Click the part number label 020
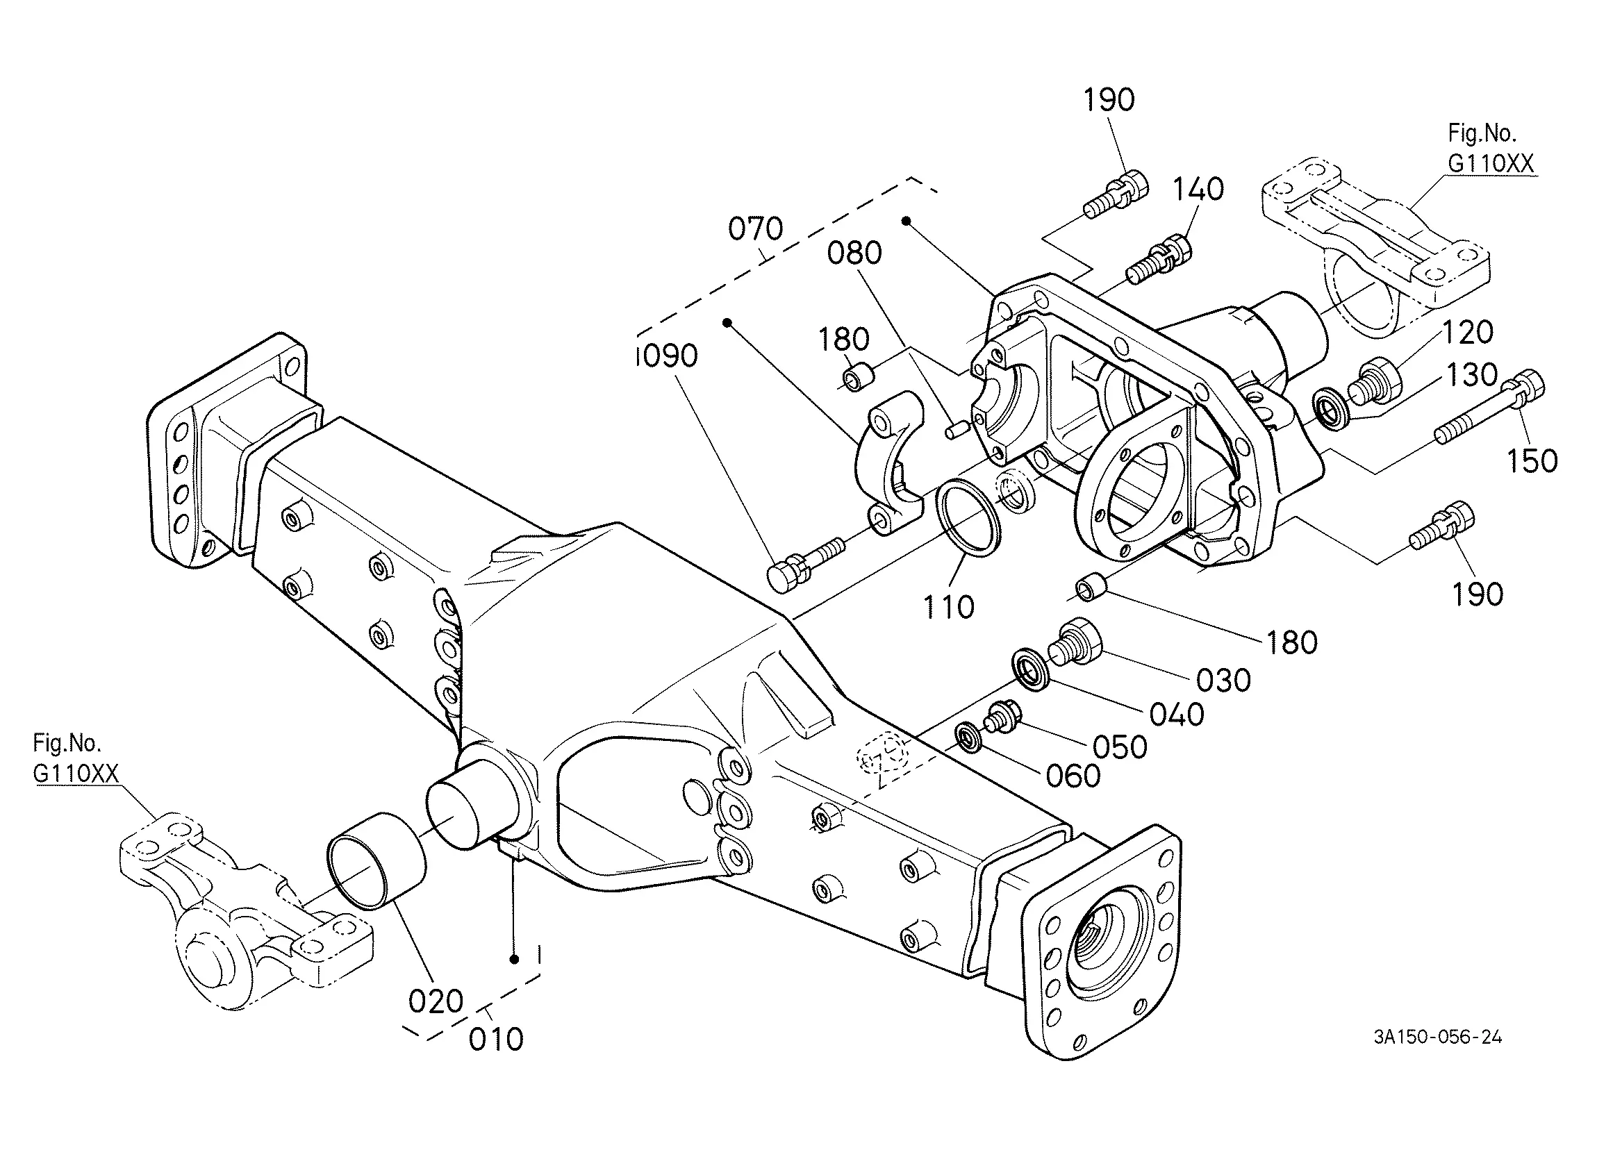pos(436,1001)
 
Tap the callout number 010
pos(497,1040)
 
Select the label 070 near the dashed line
pos(756,229)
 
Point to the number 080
pos(854,253)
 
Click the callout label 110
pos(948,607)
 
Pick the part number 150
pos(1532,461)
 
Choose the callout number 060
pos(1073,776)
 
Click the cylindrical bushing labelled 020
pos(377,862)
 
